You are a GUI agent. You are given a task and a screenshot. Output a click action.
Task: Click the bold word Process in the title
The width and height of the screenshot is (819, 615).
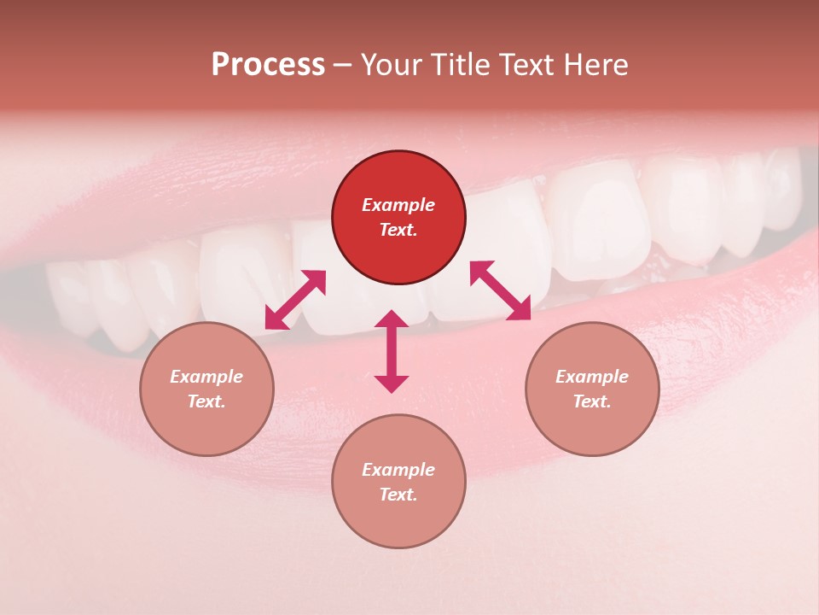pos(268,65)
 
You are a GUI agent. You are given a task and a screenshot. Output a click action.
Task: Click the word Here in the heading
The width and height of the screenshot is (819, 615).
pos(595,65)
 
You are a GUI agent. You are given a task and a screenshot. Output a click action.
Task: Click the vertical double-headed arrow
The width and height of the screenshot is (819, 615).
pos(392,351)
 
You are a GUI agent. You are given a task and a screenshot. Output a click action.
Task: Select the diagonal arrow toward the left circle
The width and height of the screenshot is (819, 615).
pos(295,300)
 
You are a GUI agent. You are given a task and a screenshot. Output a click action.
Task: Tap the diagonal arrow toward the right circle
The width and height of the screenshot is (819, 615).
pos(501,291)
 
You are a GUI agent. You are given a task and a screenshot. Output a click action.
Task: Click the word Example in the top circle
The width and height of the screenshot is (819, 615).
pos(398,205)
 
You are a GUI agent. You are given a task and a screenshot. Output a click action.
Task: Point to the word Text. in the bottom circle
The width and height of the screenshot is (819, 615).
pos(398,495)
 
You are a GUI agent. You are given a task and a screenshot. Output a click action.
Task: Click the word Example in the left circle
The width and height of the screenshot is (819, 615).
pos(206,377)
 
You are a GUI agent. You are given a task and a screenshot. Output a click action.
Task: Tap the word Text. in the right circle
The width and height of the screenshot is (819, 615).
pos(592,401)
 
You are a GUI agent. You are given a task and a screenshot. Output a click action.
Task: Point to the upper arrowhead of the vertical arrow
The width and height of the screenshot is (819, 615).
pos(392,319)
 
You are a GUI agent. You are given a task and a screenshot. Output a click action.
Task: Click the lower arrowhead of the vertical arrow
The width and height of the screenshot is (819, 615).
pos(392,384)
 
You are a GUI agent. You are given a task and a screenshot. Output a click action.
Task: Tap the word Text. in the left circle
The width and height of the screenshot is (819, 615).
pos(206,401)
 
